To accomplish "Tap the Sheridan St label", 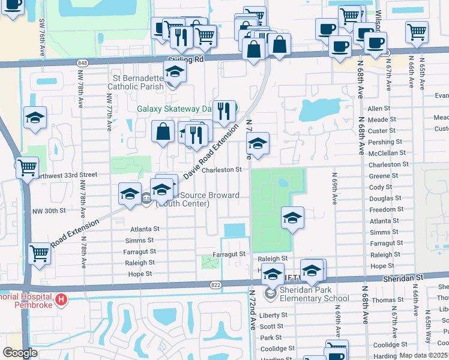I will click(x=403, y=278).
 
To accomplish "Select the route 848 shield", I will click(x=83, y=63).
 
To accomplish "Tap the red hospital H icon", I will click(x=60, y=299).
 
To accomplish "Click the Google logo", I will click(x=20, y=353).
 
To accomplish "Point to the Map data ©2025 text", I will click(x=423, y=355).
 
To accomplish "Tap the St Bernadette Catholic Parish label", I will click(x=139, y=83).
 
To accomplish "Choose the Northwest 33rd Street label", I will click(x=62, y=175).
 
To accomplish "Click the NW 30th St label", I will click(x=48, y=211).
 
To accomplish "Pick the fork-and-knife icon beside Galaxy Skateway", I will click(x=223, y=111).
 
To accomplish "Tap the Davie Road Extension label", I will click(x=207, y=154).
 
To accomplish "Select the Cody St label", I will click(x=381, y=187).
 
